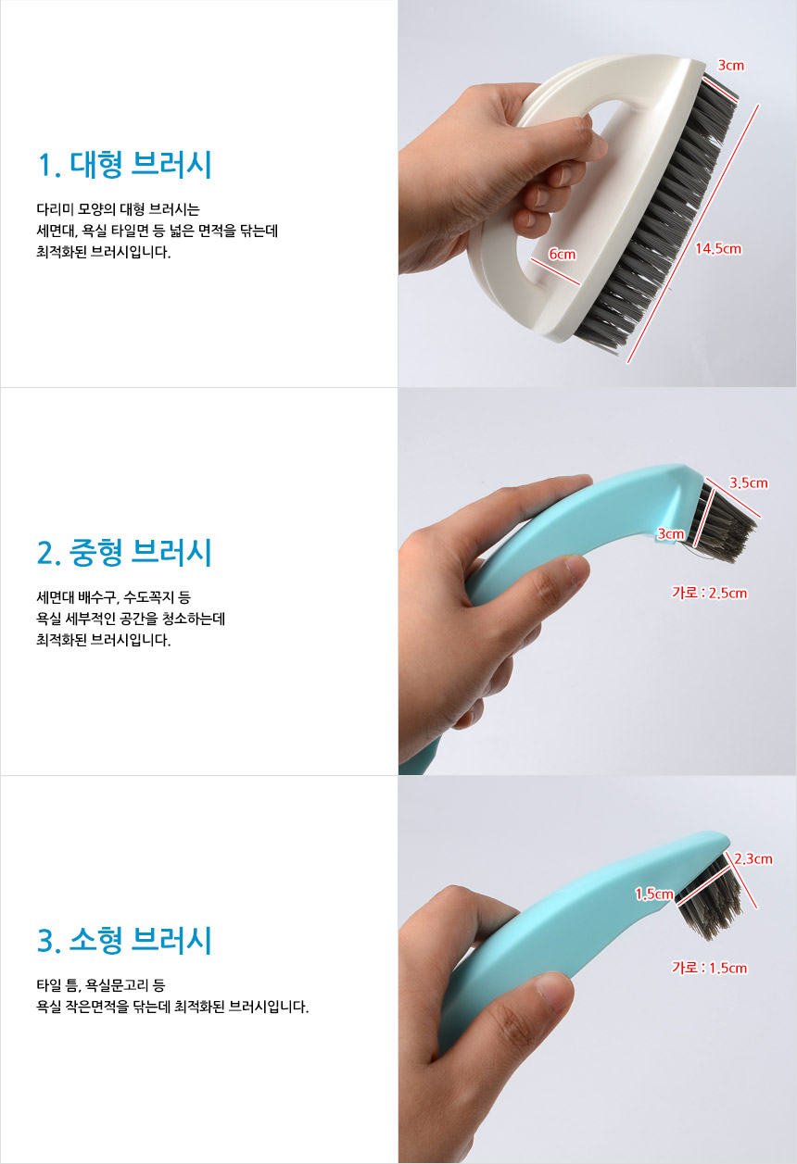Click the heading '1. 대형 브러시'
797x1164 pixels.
point(125,165)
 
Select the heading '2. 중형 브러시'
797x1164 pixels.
point(125,553)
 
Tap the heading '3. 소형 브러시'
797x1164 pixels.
point(125,940)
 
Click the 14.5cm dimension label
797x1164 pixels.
point(718,249)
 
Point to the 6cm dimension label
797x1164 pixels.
point(563,254)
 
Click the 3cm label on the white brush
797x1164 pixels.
point(730,66)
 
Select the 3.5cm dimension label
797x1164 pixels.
point(748,482)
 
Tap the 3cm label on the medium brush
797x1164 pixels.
point(671,533)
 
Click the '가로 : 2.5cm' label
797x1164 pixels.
point(709,593)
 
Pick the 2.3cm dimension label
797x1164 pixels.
point(753,859)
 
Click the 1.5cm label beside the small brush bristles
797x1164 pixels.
point(654,894)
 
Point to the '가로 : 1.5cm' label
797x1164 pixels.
point(709,968)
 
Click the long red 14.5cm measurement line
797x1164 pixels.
point(692,233)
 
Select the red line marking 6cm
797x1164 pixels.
point(555,271)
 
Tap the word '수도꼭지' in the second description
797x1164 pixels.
point(148,597)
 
